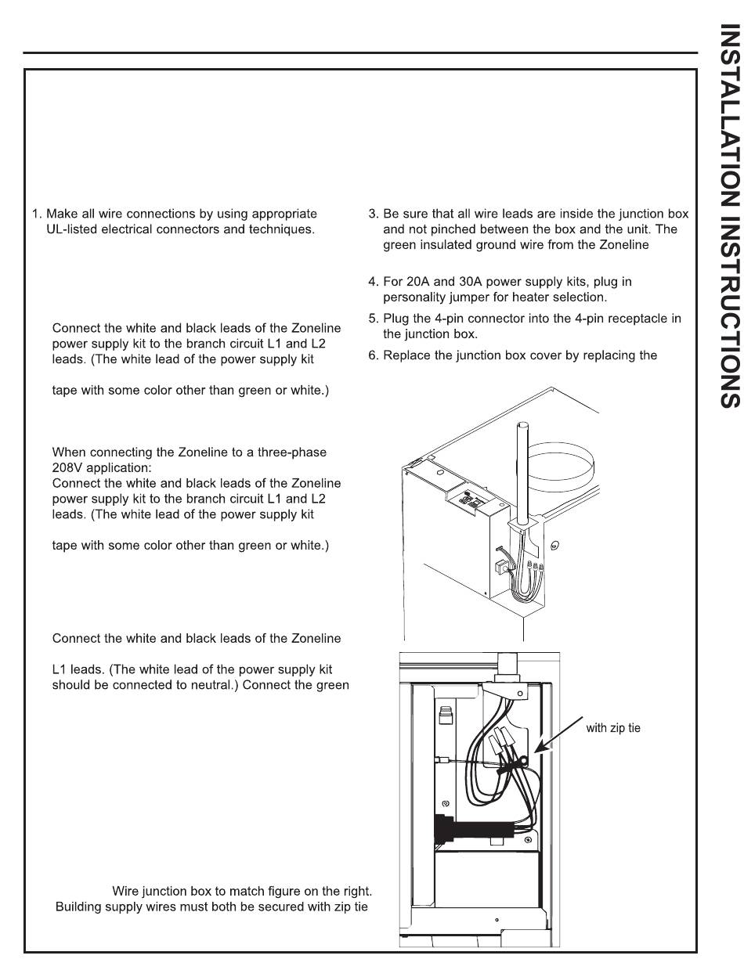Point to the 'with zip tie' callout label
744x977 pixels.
(613, 728)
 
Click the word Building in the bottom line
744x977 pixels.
(79, 907)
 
